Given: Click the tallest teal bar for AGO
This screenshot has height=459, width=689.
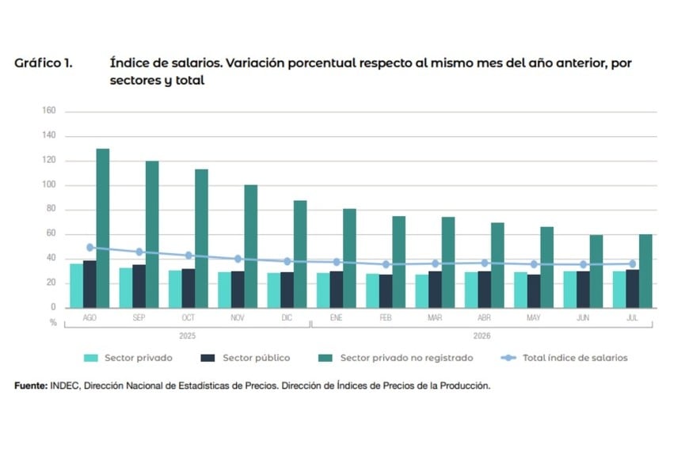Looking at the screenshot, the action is click(x=103, y=228).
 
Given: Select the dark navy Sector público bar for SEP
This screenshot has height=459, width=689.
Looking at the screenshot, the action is click(x=139, y=286).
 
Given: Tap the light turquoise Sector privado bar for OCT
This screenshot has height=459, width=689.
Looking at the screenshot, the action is click(x=175, y=289).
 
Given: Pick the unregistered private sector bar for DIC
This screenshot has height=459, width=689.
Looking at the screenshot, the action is click(x=300, y=254).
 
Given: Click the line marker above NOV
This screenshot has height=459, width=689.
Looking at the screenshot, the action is click(x=238, y=259).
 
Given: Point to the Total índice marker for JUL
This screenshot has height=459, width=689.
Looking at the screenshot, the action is click(x=632, y=264).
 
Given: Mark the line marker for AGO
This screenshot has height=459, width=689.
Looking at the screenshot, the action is click(x=89, y=248).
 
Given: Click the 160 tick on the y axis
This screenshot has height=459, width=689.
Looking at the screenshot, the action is click(x=49, y=110).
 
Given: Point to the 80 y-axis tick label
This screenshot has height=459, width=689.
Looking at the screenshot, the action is click(x=51, y=209).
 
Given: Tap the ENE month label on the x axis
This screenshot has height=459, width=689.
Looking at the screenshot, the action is click(x=336, y=317).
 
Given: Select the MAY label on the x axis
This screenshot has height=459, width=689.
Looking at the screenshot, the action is click(x=534, y=317).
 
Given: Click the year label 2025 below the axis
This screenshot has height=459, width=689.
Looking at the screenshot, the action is click(x=187, y=336).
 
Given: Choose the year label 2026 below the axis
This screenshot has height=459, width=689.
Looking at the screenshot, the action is click(x=482, y=336).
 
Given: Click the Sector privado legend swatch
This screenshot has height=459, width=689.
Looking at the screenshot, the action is click(x=91, y=358).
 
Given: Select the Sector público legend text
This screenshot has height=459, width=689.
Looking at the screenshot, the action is click(x=256, y=358).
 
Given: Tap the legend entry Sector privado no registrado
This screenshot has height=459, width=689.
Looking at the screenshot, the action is click(x=395, y=358).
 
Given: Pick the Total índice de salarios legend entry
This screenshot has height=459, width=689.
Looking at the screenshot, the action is click(x=564, y=358).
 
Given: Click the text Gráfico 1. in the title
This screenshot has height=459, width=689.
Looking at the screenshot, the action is click(x=44, y=63).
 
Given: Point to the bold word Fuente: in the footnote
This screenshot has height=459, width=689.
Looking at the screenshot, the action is click(x=31, y=385).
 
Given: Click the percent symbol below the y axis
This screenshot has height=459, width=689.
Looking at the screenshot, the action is click(x=53, y=323).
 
